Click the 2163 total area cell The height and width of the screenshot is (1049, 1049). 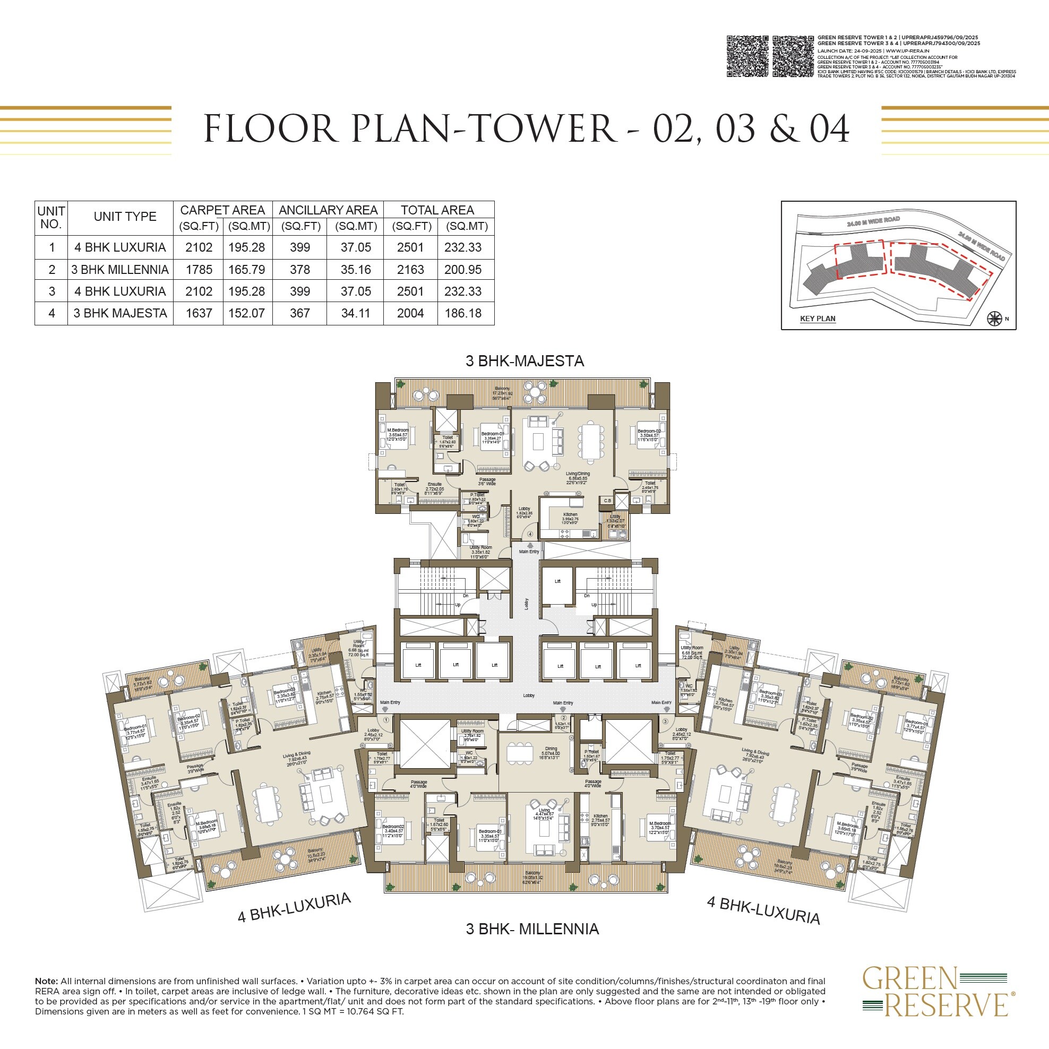410,269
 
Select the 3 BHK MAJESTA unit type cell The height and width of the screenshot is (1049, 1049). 120,313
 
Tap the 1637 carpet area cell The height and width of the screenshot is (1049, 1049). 199,313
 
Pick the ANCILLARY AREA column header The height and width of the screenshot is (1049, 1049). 328,210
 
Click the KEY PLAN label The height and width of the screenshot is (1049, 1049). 817,319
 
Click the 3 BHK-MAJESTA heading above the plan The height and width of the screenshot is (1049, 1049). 524,361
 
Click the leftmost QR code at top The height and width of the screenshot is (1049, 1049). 747,56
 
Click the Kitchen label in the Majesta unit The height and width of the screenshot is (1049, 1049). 570,514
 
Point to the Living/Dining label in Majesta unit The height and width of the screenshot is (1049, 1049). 578,474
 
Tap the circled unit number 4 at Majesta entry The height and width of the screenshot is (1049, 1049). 530,534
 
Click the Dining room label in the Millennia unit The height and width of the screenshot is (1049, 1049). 551,749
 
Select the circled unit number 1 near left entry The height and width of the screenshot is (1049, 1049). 386,720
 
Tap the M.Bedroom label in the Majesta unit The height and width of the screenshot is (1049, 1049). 398,430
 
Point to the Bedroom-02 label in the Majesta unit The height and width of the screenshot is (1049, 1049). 648,431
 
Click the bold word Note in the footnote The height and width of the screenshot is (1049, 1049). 46,981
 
